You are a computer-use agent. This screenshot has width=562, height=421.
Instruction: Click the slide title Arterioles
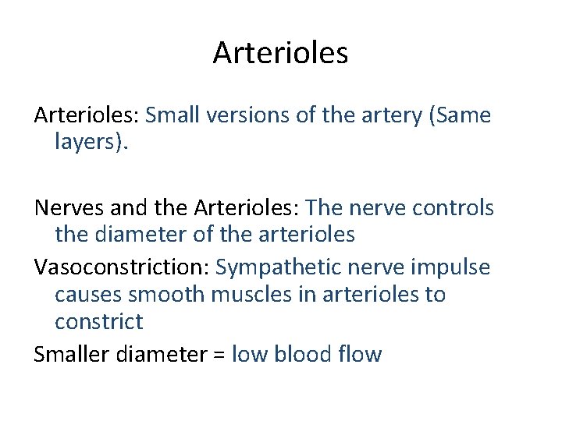[x=280, y=53]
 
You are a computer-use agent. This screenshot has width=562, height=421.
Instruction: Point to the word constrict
[x=99, y=322]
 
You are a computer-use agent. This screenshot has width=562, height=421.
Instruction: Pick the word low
[x=249, y=355]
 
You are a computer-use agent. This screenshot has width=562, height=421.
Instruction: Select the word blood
[x=302, y=355]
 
